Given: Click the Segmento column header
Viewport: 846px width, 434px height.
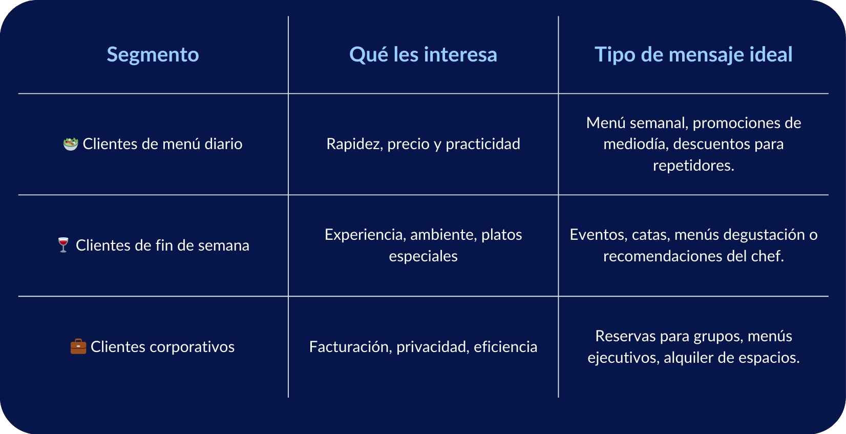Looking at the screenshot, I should point(153,55).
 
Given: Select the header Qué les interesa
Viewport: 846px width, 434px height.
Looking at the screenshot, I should point(423,55).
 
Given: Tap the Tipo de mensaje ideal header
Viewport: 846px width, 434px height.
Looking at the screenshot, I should point(693,55).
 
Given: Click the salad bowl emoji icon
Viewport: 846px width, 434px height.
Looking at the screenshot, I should point(71,144).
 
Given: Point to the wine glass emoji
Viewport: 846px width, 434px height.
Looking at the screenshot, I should point(64,245).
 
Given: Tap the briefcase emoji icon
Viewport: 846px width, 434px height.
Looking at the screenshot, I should point(78,347).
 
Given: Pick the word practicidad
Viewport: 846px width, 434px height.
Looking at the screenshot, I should point(483,144).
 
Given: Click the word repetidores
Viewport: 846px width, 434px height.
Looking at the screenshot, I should point(692,166).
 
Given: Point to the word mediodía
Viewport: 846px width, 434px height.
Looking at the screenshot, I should point(636,144).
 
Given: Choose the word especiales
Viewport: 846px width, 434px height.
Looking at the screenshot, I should point(423,256).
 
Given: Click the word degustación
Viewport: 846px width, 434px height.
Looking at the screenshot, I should point(768,235).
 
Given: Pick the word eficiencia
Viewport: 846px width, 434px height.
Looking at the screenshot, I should point(505,347).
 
